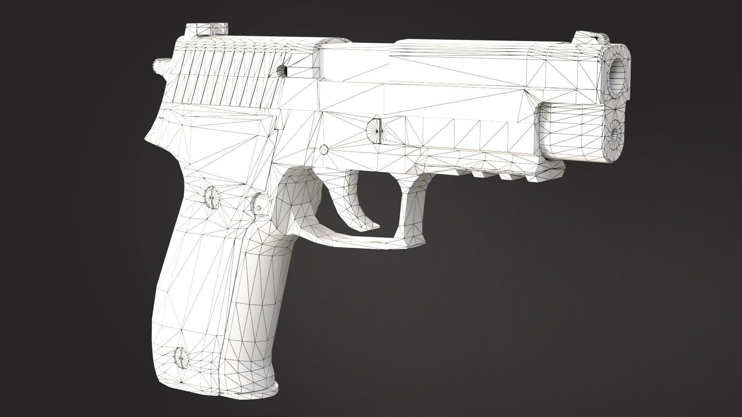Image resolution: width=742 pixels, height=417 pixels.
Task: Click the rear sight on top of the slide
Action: (x=206, y=30)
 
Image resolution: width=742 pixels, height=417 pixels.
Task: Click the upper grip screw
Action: (x=211, y=197)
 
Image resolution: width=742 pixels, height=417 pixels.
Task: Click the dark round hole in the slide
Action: (x=282, y=70)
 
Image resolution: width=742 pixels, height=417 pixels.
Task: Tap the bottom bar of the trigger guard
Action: (x=356, y=241)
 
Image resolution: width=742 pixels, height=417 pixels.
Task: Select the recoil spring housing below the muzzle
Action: (x=572, y=131)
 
